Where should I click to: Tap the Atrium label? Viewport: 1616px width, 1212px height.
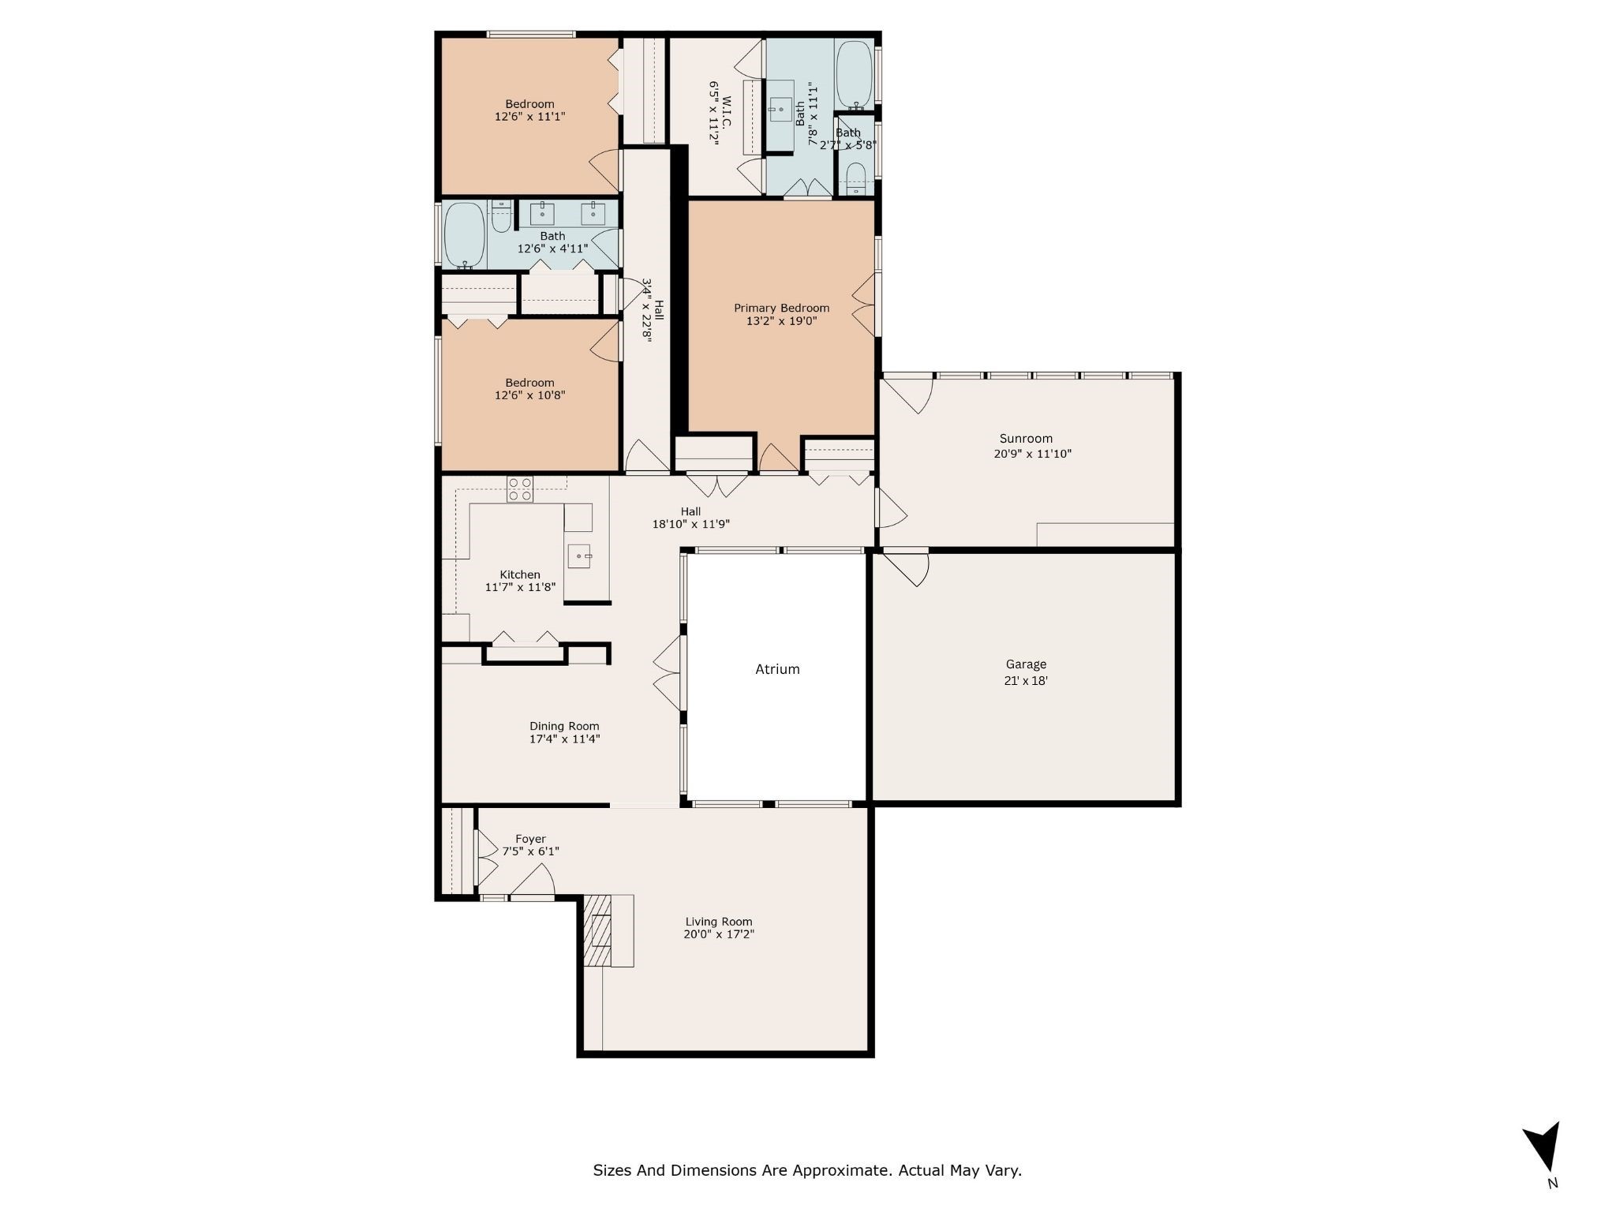click(x=777, y=669)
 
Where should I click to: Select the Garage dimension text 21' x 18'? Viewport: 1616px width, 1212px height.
click(x=1025, y=681)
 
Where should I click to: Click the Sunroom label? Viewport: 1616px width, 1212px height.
click(x=1026, y=439)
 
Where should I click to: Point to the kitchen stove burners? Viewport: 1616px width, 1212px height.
click(x=519, y=489)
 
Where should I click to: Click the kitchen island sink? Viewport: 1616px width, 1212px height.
click(x=579, y=556)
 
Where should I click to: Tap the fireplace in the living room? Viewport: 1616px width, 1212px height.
click(x=598, y=930)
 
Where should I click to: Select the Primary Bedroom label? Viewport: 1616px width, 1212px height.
click(x=781, y=308)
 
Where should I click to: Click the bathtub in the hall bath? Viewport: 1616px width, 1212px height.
click(x=464, y=234)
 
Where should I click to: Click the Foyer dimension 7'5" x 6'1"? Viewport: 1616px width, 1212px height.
click(x=530, y=851)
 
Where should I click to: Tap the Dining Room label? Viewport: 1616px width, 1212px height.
click(x=563, y=726)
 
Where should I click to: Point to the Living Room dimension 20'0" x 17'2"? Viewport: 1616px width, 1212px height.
click(x=718, y=934)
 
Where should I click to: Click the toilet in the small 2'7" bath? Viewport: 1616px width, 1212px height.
click(x=855, y=178)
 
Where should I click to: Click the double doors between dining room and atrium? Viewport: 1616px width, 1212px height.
click(x=668, y=672)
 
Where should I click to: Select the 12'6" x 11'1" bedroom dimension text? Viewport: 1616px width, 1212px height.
click(x=529, y=117)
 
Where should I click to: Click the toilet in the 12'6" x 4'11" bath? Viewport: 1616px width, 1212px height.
click(x=501, y=217)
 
